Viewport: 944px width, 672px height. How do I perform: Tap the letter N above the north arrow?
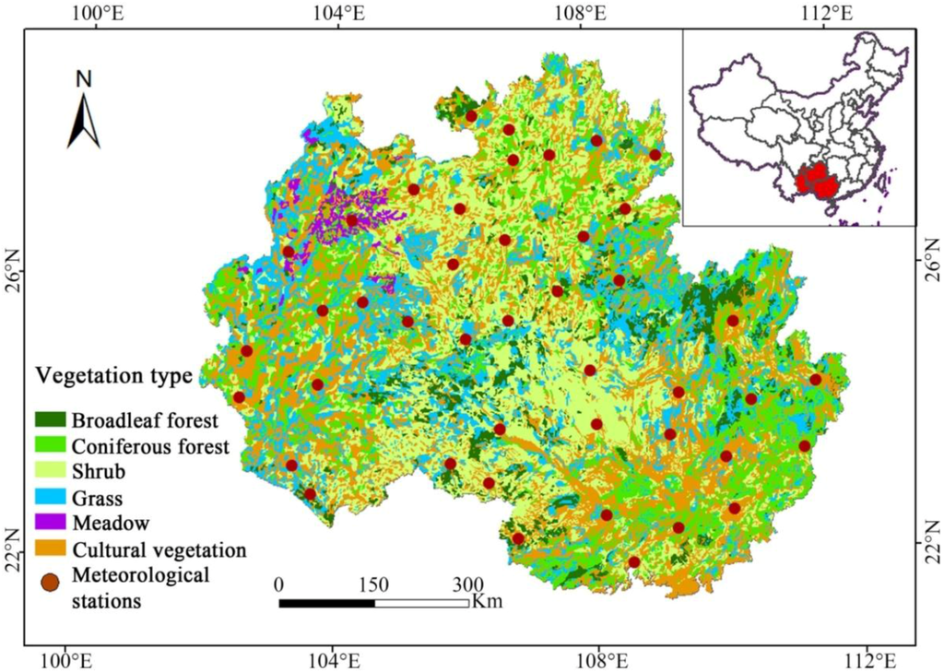pyautogui.click(x=84, y=79)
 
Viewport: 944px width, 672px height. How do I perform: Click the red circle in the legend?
pyautogui.click(x=51, y=583)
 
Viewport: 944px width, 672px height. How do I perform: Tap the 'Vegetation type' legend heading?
pyautogui.click(x=114, y=376)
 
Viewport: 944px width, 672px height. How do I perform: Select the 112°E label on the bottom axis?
pyautogui.click(x=869, y=660)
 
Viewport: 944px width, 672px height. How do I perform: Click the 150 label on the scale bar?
pyautogui.click(x=373, y=584)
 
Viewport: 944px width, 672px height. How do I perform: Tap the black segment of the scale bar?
pyautogui.click(x=326, y=603)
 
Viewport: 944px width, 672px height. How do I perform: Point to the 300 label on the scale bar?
pyautogui.click(x=467, y=584)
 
